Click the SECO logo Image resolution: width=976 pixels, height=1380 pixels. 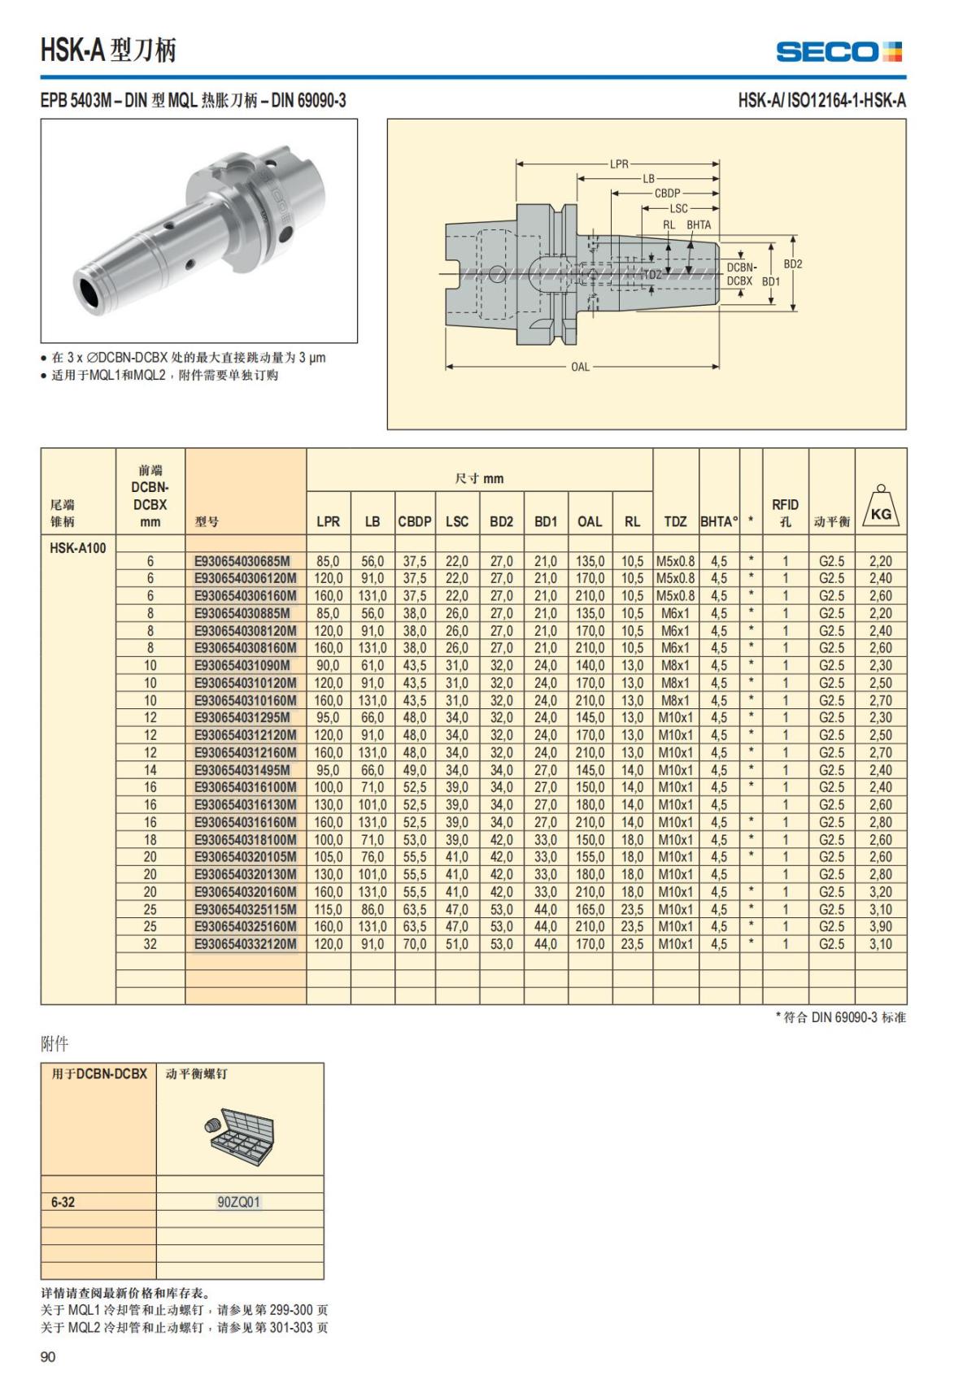(x=839, y=52)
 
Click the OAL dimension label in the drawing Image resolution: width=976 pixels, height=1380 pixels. (x=580, y=367)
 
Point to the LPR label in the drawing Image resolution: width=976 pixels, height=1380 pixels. (x=619, y=163)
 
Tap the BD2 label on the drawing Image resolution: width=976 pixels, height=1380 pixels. (x=792, y=264)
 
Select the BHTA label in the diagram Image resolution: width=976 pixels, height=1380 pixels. (x=698, y=225)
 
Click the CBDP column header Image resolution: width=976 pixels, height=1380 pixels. (x=414, y=521)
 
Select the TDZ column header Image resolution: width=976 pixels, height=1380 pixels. (x=675, y=521)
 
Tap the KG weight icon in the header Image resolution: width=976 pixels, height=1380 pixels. (x=880, y=507)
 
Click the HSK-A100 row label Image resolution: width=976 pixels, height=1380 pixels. (x=78, y=547)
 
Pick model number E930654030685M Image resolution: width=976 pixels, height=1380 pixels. (x=242, y=561)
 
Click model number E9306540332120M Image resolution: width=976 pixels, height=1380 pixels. (x=245, y=944)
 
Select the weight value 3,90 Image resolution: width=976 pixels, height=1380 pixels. (x=880, y=926)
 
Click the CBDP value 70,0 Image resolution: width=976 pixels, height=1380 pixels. (x=414, y=944)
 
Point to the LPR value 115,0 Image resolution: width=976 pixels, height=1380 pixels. (x=328, y=909)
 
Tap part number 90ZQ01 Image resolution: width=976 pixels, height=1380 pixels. (x=239, y=1202)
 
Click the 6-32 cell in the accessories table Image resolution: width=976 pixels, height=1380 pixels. (x=63, y=1202)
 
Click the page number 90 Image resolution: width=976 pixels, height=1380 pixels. (x=48, y=1356)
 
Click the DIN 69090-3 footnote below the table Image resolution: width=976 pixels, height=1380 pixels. (x=841, y=1017)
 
